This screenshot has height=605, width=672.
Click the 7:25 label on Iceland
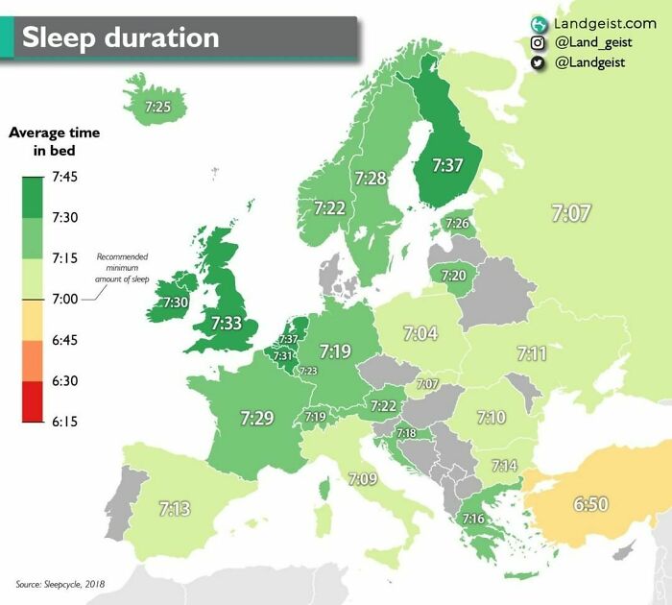tap(158, 108)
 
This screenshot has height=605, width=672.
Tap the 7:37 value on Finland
tap(447, 165)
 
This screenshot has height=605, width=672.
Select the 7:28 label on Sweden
tap(371, 178)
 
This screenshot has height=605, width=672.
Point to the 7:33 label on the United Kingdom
tap(227, 324)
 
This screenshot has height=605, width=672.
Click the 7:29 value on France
tap(257, 418)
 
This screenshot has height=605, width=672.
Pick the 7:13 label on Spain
tap(174, 509)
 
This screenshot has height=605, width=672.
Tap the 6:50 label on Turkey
tap(591, 503)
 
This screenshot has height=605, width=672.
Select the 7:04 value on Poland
tap(420, 333)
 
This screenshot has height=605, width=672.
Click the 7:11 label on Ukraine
tap(531, 353)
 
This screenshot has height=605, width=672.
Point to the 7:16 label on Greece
tap(472, 519)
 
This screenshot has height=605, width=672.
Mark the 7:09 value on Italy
tap(363, 478)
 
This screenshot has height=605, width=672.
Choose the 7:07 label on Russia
tap(571, 213)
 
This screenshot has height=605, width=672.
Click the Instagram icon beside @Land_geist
tap(538, 42)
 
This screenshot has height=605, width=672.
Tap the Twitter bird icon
tap(538, 62)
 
